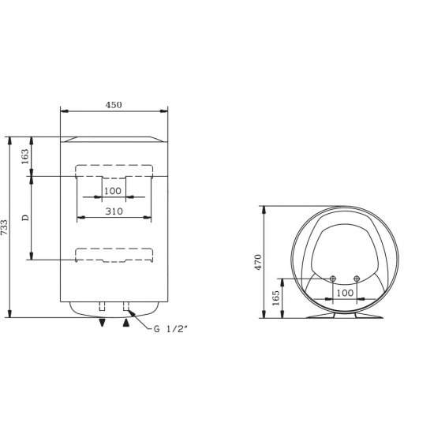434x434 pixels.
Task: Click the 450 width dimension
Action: click(x=114, y=105)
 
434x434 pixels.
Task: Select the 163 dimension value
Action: click(x=25, y=156)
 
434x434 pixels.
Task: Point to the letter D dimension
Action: click(x=25, y=217)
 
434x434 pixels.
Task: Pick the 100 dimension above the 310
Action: click(x=113, y=191)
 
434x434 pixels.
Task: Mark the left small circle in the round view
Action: click(x=333, y=279)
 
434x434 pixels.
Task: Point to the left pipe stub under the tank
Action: click(x=101, y=307)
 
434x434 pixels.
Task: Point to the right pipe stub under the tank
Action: click(x=125, y=307)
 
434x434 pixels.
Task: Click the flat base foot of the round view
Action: click(x=344, y=316)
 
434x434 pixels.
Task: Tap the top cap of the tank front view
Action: click(x=114, y=140)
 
